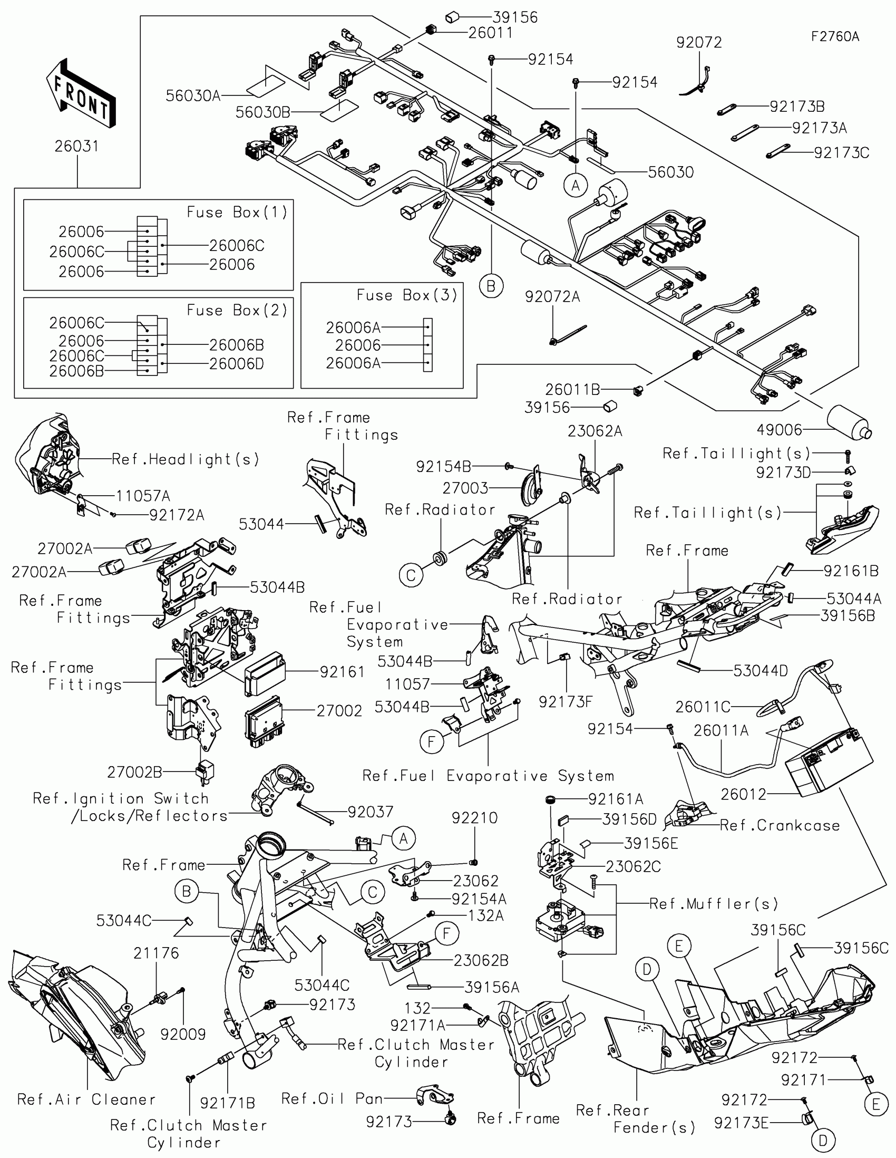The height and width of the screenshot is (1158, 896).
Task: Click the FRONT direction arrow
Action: point(81,94)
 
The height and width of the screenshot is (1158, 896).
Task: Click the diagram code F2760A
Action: point(835,36)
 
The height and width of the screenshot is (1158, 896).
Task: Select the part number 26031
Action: point(77,147)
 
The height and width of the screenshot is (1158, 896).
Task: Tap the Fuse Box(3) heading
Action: point(407,295)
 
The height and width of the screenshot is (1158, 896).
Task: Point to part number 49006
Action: point(780,430)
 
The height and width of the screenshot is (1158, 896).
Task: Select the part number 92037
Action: point(371,812)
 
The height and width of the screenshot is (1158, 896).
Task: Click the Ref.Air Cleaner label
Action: point(86,1099)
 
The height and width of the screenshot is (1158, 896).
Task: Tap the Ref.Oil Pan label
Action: point(332,1098)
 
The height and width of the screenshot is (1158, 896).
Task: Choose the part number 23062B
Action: point(481,960)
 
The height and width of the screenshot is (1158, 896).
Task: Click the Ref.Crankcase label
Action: point(780,826)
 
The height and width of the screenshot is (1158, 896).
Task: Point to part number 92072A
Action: point(552,297)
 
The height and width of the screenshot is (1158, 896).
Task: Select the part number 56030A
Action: point(193,96)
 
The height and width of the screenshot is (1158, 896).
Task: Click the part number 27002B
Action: point(134,773)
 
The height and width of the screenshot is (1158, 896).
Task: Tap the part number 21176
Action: point(156,953)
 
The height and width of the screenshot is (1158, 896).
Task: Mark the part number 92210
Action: point(474,818)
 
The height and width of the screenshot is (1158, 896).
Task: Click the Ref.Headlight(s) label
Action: point(186,459)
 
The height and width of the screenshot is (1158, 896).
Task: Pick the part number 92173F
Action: point(566,702)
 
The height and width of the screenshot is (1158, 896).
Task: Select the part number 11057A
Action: point(143,496)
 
